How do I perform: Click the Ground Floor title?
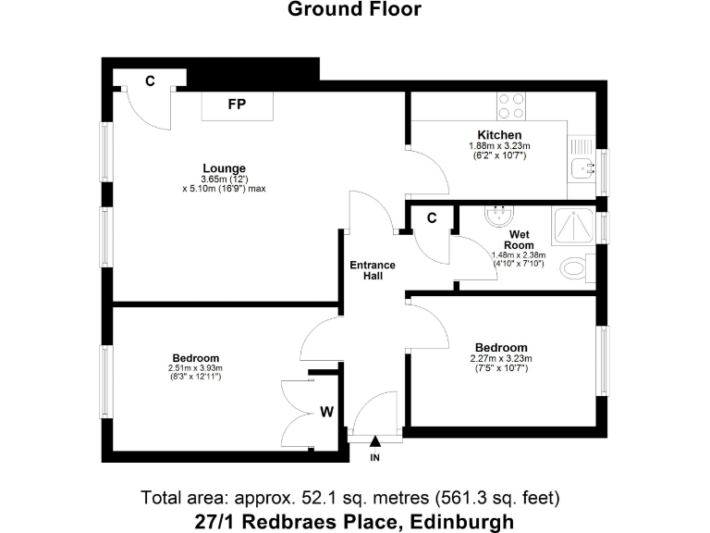point(354,10)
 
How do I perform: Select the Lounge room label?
point(224,167)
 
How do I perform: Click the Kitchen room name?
point(500,135)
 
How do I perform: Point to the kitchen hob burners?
point(511,105)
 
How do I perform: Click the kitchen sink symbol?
point(582,167)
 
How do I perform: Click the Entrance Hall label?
point(372,271)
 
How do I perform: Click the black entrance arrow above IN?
point(375,444)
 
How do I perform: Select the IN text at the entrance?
point(375,458)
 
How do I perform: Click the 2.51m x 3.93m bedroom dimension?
point(195,368)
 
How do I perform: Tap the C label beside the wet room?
point(431,217)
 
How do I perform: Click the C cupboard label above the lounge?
point(150,81)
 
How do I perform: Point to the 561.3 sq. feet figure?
point(505,497)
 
